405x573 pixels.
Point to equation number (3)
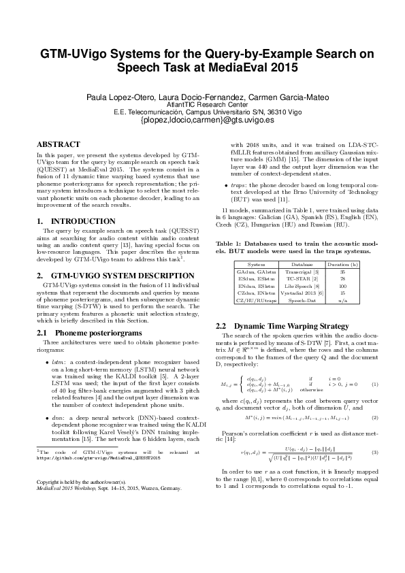(x=374, y=471)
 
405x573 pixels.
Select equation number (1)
(x=374, y=404)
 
